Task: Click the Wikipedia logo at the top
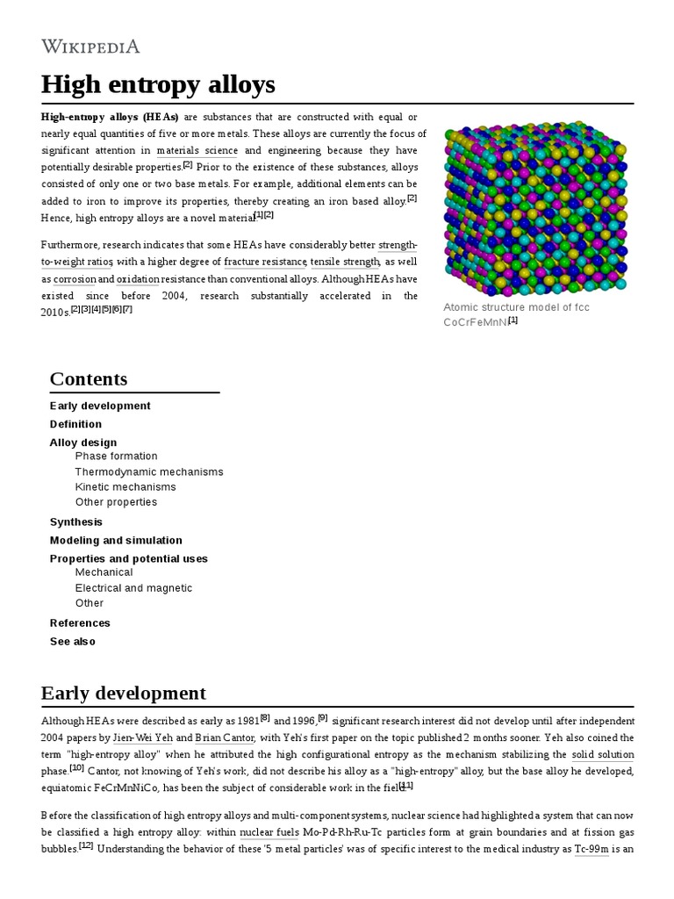pos(90,47)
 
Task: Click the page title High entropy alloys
pos(158,84)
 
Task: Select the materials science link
pos(197,150)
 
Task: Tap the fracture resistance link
pos(265,262)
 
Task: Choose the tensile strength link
pos(345,262)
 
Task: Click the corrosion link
pos(75,278)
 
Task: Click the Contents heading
pos(89,378)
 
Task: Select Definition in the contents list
pos(75,424)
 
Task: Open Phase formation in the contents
pos(116,456)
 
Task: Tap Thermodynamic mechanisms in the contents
pos(149,471)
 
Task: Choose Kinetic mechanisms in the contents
pos(125,486)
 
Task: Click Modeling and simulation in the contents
pos(116,540)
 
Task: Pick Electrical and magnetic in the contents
pos(133,587)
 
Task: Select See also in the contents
pos(73,641)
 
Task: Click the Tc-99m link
pos(591,848)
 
